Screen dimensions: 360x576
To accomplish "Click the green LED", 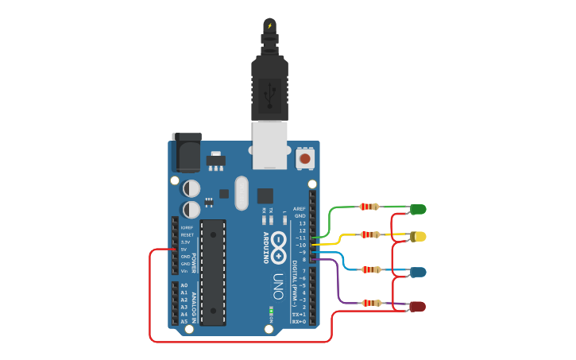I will click(418, 210).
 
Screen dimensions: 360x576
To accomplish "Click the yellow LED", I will click(419, 237).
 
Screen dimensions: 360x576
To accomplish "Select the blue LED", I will click(418, 272).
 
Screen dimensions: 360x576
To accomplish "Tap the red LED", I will click(417, 307).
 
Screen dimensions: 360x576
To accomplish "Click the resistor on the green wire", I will click(369, 207).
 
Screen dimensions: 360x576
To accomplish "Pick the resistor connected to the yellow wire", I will click(370, 234).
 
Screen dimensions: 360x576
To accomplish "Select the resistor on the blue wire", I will click(370, 269).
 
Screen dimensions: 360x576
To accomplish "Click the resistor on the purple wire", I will click(371, 303).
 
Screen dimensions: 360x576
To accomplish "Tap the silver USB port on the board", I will click(269, 145).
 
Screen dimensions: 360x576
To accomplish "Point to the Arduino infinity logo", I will click(278, 248).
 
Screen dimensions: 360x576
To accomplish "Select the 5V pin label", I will click(184, 250).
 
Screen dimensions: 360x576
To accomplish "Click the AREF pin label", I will click(300, 209).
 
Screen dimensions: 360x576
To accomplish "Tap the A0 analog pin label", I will click(184, 285).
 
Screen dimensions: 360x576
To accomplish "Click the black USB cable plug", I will click(269, 87).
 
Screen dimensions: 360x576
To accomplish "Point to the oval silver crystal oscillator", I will click(242, 193).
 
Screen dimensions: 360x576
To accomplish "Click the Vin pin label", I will click(184, 271).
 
